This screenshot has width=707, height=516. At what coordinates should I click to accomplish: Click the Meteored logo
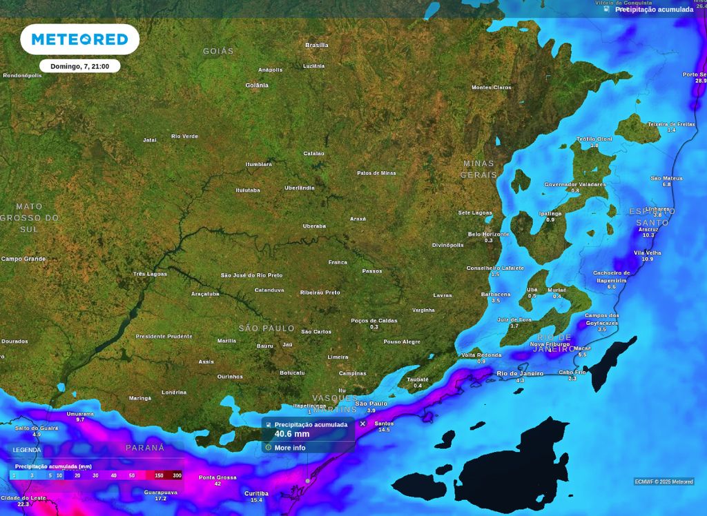79,39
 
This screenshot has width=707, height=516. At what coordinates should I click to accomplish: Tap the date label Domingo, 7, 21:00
79,66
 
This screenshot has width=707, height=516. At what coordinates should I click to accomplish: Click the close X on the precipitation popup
362,424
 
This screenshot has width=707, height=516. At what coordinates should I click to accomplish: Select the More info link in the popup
289,448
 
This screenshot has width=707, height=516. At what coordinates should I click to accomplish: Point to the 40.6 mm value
292,434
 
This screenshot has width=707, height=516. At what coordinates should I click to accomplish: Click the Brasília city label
317,46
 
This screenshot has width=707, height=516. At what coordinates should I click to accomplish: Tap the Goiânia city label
257,86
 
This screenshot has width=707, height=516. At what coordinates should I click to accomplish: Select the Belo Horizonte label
489,235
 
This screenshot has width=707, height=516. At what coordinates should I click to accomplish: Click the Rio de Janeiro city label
520,373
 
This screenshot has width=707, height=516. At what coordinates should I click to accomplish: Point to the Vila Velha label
647,253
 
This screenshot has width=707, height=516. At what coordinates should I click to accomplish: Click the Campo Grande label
23,259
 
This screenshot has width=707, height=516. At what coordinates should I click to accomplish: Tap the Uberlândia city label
300,188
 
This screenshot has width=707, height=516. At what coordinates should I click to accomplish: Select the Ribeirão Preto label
320,292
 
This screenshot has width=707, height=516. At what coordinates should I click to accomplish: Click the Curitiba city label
256,493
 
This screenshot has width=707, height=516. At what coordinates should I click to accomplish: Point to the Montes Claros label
492,88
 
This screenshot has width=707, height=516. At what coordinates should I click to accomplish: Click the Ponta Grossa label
217,477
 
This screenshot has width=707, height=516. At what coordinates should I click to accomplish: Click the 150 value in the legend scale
159,475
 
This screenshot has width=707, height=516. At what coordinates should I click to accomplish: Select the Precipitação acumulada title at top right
654,10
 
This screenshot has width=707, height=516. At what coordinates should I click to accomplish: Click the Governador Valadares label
575,185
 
